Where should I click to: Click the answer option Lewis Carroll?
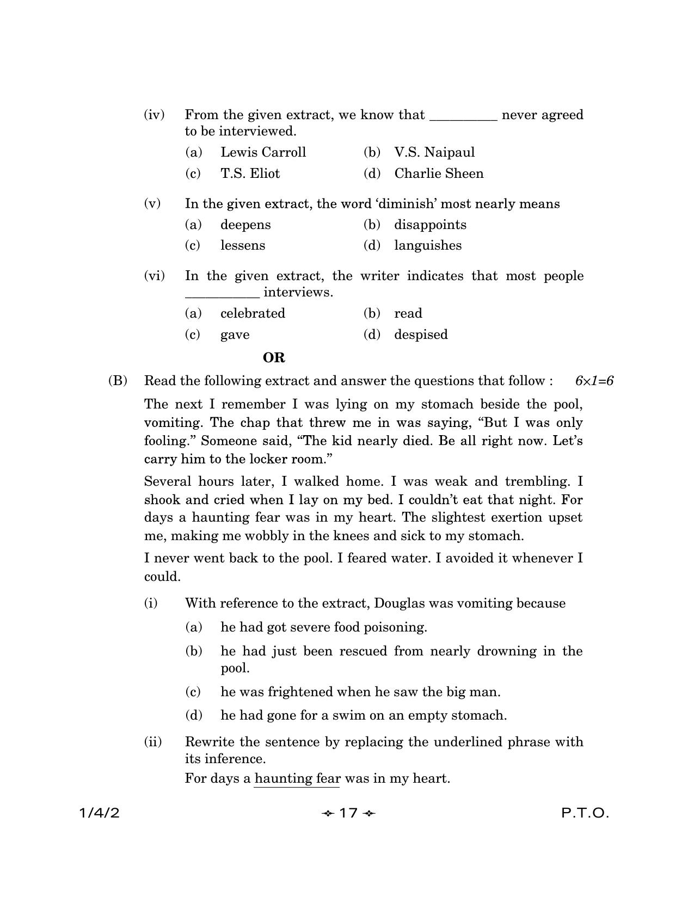(x=263, y=152)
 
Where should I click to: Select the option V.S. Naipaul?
(x=434, y=152)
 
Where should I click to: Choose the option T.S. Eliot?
(x=250, y=174)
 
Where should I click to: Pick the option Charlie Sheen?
(x=439, y=174)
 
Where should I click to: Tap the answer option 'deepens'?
(x=245, y=225)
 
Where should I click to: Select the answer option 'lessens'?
(x=243, y=245)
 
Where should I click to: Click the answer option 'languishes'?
(x=428, y=245)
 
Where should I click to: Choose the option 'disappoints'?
(x=430, y=225)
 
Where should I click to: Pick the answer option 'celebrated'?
(x=253, y=313)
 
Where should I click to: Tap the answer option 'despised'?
(x=421, y=335)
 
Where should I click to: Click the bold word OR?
(x=274, y=358)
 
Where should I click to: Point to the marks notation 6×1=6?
(x=594, y=381)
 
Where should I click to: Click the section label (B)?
(x=118, y=381)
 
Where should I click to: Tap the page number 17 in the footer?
(x=348, y=813)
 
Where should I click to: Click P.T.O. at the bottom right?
(x=585, y=813)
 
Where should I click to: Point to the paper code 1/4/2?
(x=99, y=813)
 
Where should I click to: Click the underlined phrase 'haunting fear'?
(x=297, y=778)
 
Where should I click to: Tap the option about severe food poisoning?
(x=323, y=627)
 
